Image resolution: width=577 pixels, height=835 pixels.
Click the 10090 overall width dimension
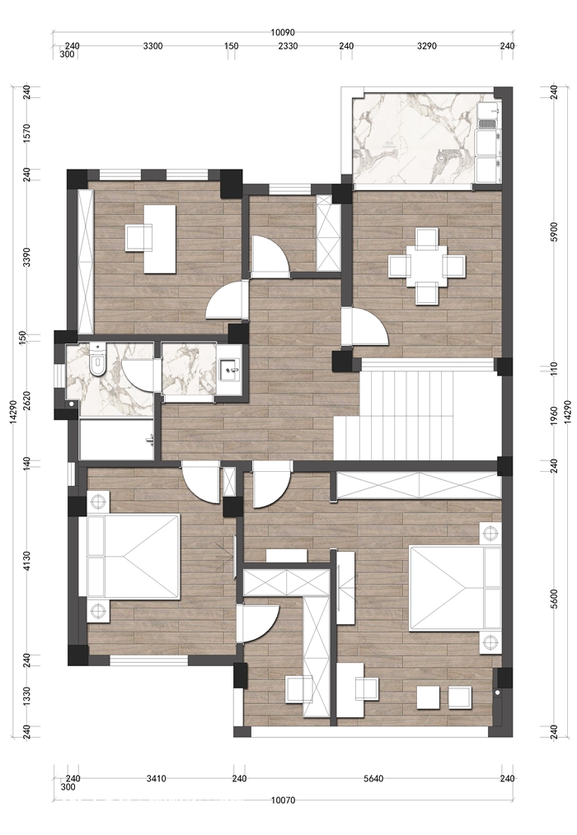pyautogui.click(x=283, y=32)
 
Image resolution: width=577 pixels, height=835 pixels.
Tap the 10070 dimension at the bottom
pyautogui.click(x=283, y=800)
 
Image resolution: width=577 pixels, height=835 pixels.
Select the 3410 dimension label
pyautogui.click(x=156, y=778)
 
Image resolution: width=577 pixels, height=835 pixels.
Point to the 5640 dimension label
pyautogui.click(x=373, y=778)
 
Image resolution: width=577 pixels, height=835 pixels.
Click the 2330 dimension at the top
pyautogui.click(x=288, y=46)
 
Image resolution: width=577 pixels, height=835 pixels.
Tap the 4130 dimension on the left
pyautogui.click(x=28, y=562)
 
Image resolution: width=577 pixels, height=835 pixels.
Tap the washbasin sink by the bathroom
pyautogui.click(x=230, y=367)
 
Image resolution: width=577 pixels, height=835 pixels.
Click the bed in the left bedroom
pyautogui.click(x=128, y=556)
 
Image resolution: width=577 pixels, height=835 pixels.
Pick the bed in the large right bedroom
pyautogui.click(x=455, y=587)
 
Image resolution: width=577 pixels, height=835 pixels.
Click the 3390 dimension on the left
pyautogui.click(x=28, y=256)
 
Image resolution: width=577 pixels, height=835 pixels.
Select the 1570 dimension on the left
pyautogui.click(x=28, y=132)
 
